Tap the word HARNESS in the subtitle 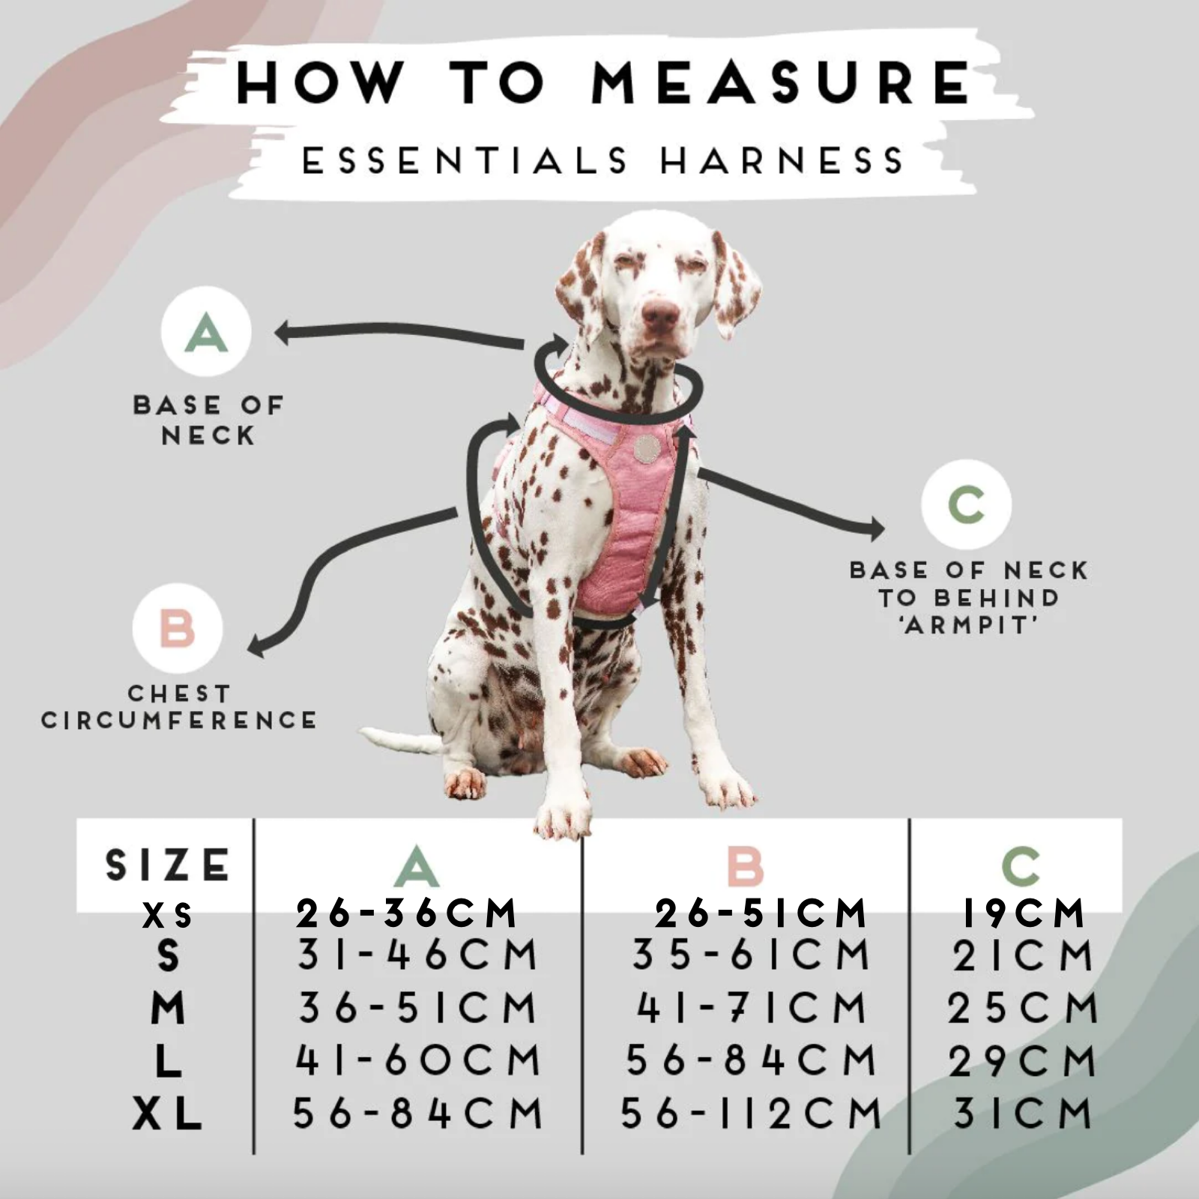tap(782, 161)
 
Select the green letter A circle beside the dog tap(206, 331)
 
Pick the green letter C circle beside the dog tap(966, 504)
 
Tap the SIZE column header tap(167, 865)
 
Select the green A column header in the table tap(417, 866)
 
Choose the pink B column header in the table tap(745, 866)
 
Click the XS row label tap(167, 916)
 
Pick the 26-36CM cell tap(406, 913)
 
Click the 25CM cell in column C tap(1022, 1008)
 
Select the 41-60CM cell tap(417, 1060)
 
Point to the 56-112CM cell tap(751, 1113)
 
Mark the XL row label tap(167, 1114)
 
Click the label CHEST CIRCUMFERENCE tap(179, 707)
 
